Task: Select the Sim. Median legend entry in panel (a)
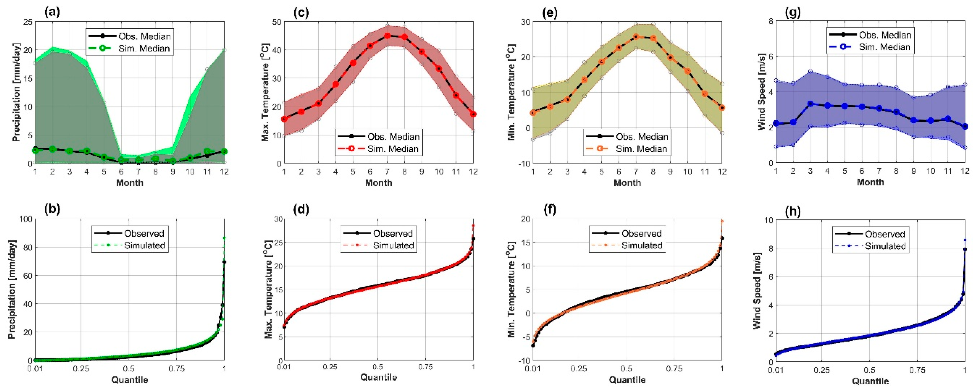point(144,49)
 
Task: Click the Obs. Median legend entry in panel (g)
point(884,35)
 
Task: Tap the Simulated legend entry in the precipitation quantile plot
point(144,245)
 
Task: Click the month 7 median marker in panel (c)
point(387,36)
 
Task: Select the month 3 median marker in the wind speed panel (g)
point(810,104)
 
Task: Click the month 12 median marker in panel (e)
point(722,108)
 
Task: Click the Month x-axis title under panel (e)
point(627,183)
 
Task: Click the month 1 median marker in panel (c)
point(284,119)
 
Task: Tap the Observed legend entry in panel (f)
point(641,233)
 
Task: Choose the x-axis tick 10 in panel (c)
point(439,172)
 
